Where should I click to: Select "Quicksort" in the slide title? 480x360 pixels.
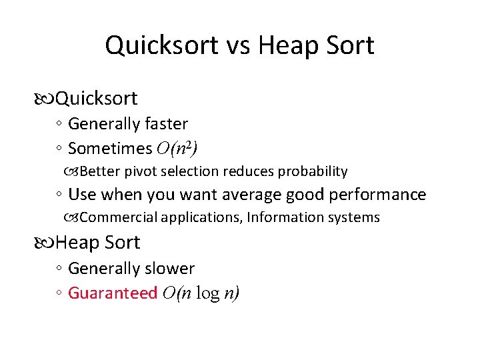(x=161, y=45)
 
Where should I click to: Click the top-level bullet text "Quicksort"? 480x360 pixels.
(x=97, y=99)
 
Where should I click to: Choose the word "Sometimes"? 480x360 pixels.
(x=110, y=148)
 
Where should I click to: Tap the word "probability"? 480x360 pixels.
(x=313, y=171)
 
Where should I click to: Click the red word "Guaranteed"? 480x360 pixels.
(x=113, y=293)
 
